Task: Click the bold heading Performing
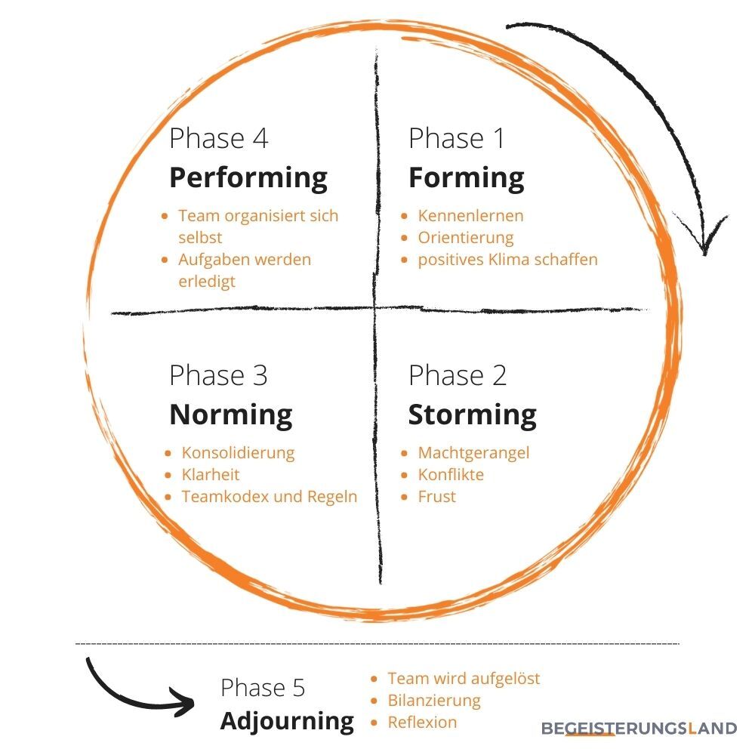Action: point(248,178)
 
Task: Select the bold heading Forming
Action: point(466,178)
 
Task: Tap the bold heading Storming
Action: point(472,415)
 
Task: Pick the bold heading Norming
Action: point(230,415)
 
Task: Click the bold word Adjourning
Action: point(287,721)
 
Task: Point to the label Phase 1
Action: point(456,139)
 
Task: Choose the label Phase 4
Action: point(218,139)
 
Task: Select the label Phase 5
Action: point(263,688)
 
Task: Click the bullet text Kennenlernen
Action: point(470,216)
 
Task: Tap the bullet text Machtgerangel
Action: point(473,453)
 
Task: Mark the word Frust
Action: point(436,497)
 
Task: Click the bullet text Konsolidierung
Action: point(238,453)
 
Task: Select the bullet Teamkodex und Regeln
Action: point(269,497)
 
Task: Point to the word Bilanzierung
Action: point(434,700)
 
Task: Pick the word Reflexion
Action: point(422,722)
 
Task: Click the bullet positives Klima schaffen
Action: point(507,260)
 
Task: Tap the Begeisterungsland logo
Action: point(639,729)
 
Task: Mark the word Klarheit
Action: point(211,475)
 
